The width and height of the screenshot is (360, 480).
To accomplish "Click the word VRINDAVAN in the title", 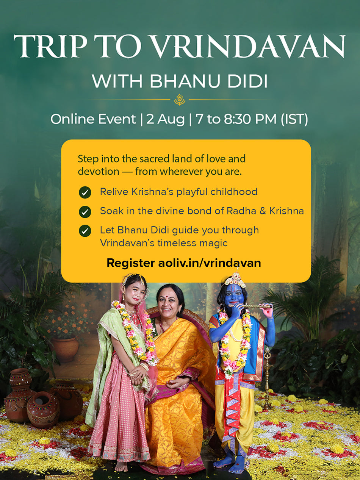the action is pos(249,46).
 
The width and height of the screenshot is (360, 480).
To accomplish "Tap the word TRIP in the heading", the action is pos(50,46).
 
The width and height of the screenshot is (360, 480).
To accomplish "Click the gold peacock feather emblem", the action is pos(180,100).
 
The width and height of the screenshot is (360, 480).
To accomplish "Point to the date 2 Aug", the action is pos(165,120).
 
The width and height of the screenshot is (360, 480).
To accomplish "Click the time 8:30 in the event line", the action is pos(237,119).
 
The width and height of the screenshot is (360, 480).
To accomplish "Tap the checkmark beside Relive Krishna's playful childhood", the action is pos(85,192).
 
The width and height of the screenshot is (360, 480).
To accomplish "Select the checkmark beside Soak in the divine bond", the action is pos(85,212).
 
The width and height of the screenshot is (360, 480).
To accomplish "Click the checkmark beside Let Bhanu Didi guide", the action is pos(85,231).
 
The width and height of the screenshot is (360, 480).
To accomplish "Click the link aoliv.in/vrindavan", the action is pos(210,263).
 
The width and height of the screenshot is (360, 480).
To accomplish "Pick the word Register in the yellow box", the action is pos(131,263).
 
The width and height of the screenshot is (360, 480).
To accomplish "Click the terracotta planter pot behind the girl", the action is pos(65,349).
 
